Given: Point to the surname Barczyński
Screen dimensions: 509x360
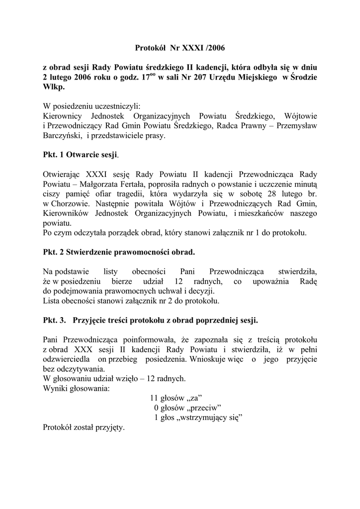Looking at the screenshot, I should click(63, 135).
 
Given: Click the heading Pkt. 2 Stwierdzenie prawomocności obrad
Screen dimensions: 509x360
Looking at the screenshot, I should click(119, 252).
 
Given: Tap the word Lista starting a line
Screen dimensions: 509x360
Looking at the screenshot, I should click(52, 301).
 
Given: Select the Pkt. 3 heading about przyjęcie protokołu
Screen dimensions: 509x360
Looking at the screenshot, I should click(150, 320).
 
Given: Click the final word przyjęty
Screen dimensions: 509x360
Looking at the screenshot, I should click(109, 427).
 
